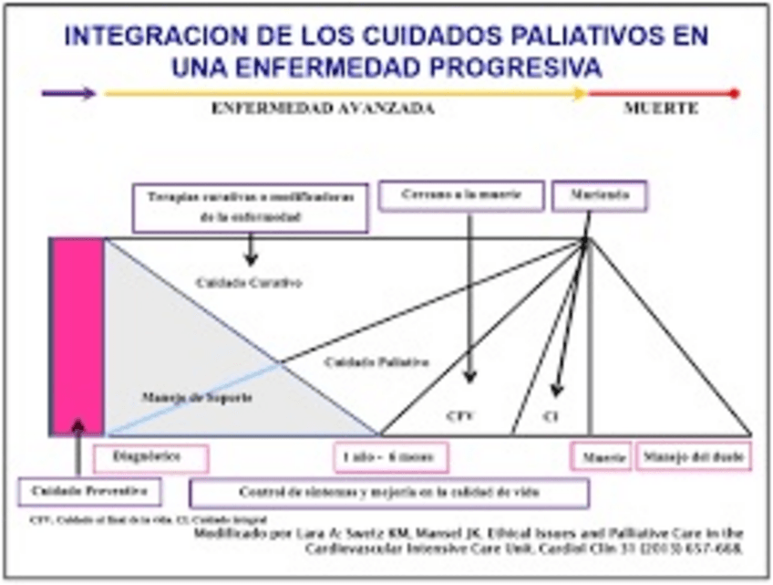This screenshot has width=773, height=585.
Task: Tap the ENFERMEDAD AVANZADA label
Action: tap(323, 108)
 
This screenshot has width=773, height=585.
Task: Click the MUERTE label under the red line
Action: tap(661, 108)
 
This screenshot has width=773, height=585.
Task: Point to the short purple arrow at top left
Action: tap(68, 93)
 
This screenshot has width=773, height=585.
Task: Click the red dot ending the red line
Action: tap(736, 93)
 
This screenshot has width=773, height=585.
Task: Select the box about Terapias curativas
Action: tap(251, 207)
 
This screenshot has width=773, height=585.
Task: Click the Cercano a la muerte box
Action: tap(460, 195)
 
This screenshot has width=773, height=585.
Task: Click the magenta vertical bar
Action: tap(77, 337)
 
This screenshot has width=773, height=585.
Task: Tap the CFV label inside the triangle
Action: tap(460, 415)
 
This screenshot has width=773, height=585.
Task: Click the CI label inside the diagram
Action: tap(550, 415)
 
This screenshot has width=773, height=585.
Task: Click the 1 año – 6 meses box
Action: tap(391, 457)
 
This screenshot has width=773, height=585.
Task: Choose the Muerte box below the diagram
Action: tap(602, 456)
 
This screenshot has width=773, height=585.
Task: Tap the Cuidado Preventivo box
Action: tap(89, 492)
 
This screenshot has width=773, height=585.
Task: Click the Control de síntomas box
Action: tap(389, 493)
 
